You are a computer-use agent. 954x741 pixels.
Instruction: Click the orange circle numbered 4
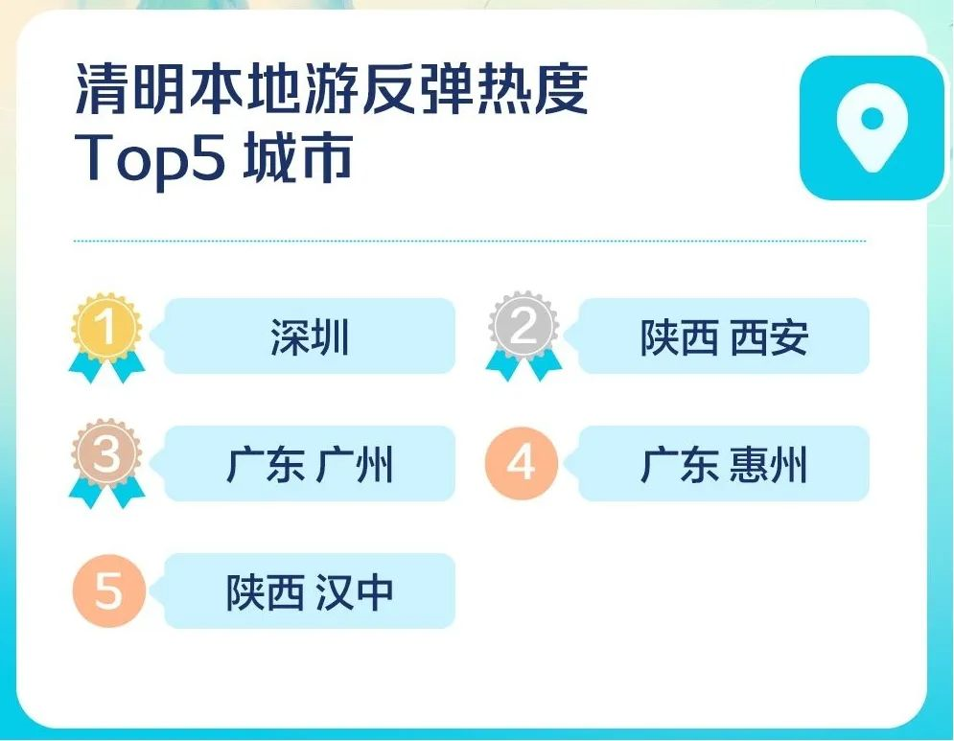(x=522, y=464)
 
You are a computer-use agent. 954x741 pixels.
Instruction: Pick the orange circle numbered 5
(x=109, y=590)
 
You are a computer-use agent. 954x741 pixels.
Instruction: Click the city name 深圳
(x=310, y=337)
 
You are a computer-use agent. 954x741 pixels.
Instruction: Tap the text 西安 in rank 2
(x=769, y=337)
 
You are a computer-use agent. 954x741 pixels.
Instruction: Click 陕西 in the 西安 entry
(x=679, y=337)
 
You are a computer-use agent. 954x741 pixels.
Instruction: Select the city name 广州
(x=355, y=465)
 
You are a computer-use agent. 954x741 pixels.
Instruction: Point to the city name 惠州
(x=768, y=465)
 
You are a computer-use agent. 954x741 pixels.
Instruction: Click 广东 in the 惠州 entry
(x=679, y=465)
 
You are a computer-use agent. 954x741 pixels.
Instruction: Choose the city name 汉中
(x=355, y=592)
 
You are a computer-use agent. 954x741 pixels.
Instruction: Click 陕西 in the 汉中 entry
(x=266, y=592)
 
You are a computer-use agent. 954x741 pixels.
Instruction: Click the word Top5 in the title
(x=150, y=158)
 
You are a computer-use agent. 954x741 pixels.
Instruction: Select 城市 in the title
(x=298, y=157)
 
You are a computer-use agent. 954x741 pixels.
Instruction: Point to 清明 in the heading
(x=130, y=89)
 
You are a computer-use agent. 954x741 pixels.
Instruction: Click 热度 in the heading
(x=532, y=89)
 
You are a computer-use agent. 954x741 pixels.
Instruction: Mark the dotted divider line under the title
(x=470, y=241)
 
